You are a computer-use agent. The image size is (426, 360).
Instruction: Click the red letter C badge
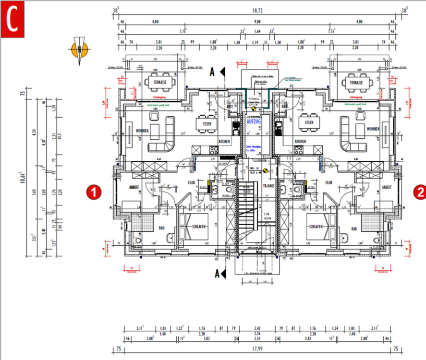click(12, 21)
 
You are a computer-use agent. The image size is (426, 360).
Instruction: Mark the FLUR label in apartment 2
click(329, 183)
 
